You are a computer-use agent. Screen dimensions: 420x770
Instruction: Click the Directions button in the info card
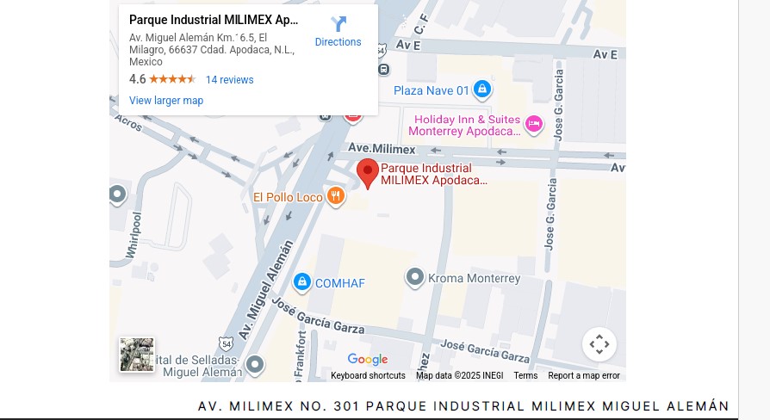[338, 31]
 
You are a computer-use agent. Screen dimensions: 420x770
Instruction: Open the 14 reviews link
[230, 80]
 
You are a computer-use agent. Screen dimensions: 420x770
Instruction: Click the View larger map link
[166, 101]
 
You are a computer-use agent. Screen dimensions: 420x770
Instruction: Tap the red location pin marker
[368, 173]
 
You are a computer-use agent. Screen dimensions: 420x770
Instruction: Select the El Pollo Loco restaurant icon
[336, 197]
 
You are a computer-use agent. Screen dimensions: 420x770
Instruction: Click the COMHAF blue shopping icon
[302, 282]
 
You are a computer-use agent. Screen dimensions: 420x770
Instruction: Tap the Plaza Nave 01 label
[432, 90]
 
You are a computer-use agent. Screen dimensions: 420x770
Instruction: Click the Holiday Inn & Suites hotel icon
[534, 125]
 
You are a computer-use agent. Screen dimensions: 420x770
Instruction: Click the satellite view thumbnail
[137, 355]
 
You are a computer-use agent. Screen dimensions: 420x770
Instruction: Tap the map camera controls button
[599, 345]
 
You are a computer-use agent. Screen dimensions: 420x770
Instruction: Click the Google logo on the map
[368, 360]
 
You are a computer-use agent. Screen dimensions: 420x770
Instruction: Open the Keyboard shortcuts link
[368, 376]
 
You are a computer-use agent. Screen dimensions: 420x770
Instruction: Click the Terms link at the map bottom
[525, 376]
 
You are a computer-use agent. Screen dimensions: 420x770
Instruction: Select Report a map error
[584, 376]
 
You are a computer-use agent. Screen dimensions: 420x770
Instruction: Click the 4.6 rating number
[138, 79]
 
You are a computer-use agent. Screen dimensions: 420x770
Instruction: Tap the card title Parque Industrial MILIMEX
[214, 20]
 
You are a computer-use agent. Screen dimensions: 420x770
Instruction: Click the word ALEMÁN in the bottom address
[697, 406]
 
